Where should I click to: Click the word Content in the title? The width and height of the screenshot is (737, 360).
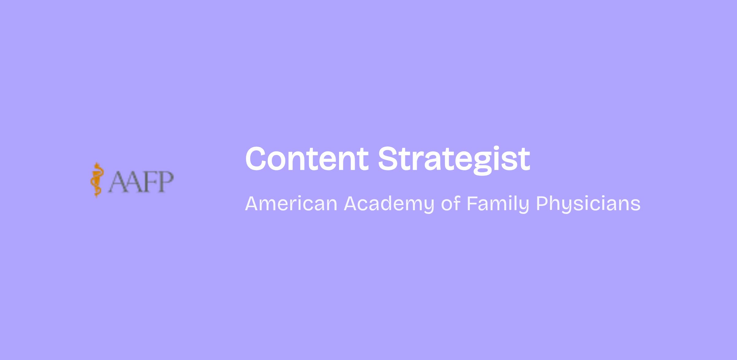click(x=307, y=159)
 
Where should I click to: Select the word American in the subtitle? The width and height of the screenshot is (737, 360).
click(x=291, y=204)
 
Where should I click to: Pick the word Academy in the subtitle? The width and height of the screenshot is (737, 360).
click(x=389, y=204)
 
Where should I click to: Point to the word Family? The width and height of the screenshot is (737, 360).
click(x=498, y=204)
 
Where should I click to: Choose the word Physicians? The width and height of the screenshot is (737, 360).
click(x=588, y=204)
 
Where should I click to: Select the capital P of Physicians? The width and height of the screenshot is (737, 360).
click(x=542, y=204)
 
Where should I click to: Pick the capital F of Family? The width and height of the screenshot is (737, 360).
click(x=472, y=204)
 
